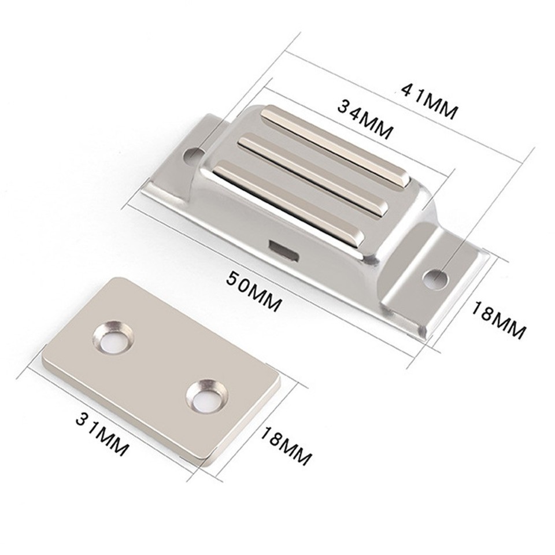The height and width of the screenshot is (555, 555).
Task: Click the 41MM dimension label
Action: [430, 101]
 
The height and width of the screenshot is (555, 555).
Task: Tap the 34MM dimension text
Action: [365, 120]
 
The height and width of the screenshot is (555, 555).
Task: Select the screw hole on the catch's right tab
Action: [435, 279]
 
